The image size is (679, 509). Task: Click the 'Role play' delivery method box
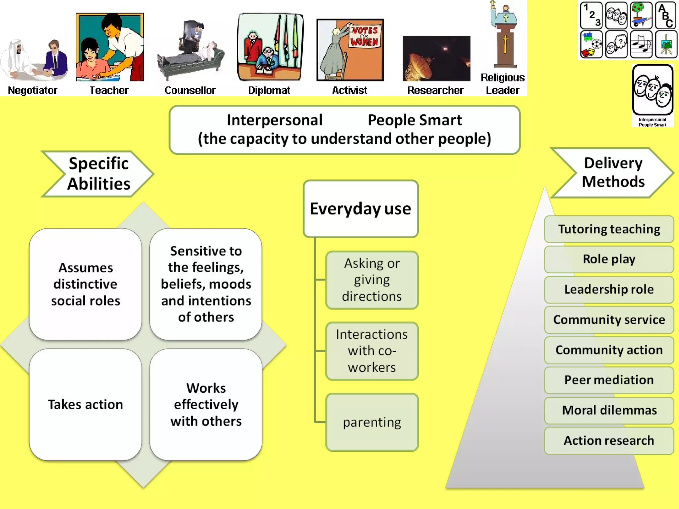click(x=609, y=259)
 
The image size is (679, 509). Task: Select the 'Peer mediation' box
click(x=609, y=380)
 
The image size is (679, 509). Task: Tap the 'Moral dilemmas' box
click(x=609, y=410)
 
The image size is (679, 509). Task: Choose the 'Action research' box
click(x=609, y=441)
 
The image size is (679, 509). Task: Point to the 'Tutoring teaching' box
click(x=609, y=229)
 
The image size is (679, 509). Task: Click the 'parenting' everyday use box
click(x=372, y=423)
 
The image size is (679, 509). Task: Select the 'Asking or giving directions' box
click(x=372, y=280)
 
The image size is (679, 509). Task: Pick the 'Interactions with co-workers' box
click(x=372, y=351)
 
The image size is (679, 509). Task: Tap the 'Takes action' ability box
click(x=85, y=405)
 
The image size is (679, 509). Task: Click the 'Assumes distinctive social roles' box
click(x=85, y=284)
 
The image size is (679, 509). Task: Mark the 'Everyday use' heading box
click(x=360, y=209)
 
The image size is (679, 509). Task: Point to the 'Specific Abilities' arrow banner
click(x=98, y=174)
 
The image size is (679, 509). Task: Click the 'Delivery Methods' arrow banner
click(x=613, y=173)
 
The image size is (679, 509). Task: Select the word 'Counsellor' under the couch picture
click(x=190, y=90)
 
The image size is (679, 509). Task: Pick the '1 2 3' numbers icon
click(x=591, y=15)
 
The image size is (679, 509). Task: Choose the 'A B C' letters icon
click(x=666, y=15)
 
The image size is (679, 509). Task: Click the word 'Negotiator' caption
click(x=32, y=90)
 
